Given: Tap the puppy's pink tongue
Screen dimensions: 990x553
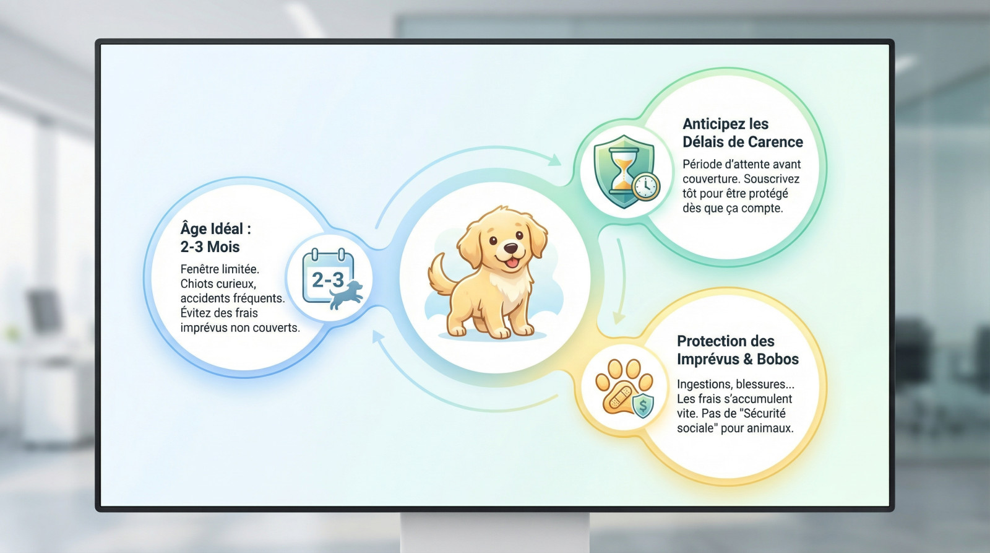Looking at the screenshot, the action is pos(511,263).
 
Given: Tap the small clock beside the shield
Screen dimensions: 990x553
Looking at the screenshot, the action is pos(646,186).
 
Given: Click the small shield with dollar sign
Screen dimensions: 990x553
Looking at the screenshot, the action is pos(643,405).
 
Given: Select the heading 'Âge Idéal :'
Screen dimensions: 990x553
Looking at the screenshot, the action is pos(216,229).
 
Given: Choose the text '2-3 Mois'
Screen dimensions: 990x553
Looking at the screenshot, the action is pos(210,247).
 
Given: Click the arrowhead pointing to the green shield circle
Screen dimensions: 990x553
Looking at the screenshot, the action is pos(554,160).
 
